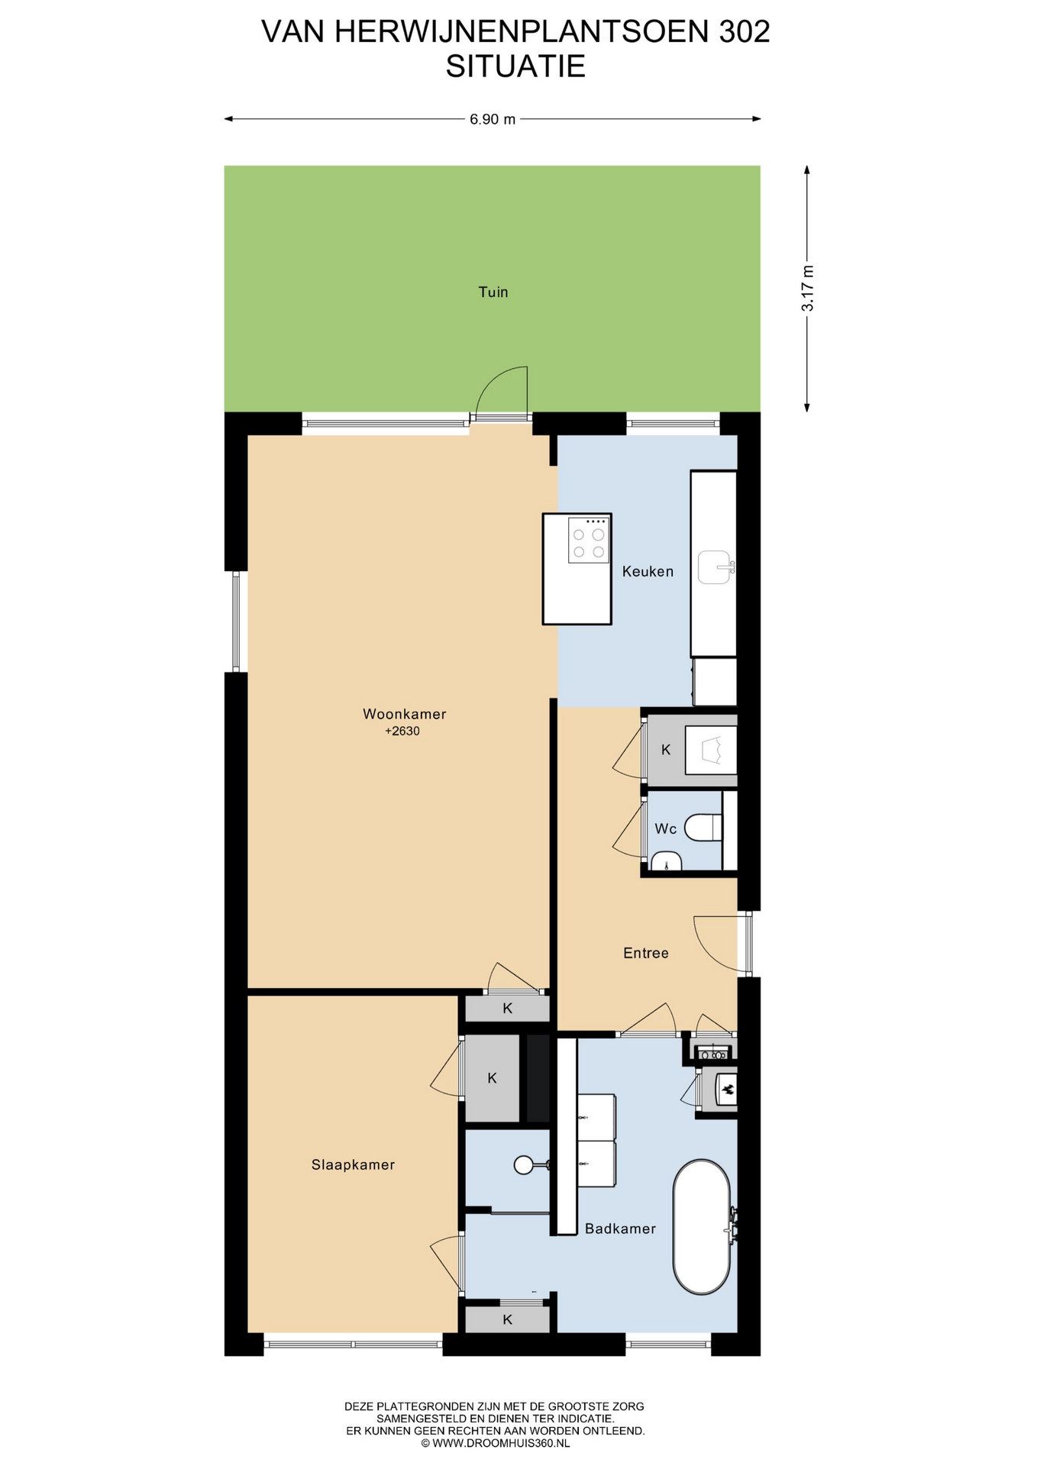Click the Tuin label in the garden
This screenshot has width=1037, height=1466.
point(493,292)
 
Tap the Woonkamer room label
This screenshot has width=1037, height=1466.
point(404,714)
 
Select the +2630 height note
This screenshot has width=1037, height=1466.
point(402,731)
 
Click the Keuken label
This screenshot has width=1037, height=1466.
point(648,571)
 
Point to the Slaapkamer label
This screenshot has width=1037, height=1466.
point(353,1164)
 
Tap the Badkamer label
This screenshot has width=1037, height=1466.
point(620,1229)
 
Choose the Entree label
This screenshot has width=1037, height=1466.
point(645,953)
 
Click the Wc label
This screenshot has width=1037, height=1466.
point(665,828)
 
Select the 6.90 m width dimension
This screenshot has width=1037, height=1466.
point(493,119)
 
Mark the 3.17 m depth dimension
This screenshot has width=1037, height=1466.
point(807,288)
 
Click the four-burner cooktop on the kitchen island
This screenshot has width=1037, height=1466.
point(589,541)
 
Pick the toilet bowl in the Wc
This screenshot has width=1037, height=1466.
point(703,828)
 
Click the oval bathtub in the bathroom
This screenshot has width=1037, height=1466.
point(702,1228)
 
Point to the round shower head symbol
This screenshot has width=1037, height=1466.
point(524,1165)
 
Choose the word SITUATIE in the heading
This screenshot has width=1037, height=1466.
point(515,66)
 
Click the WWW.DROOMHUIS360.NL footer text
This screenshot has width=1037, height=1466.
point(501,1443)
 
